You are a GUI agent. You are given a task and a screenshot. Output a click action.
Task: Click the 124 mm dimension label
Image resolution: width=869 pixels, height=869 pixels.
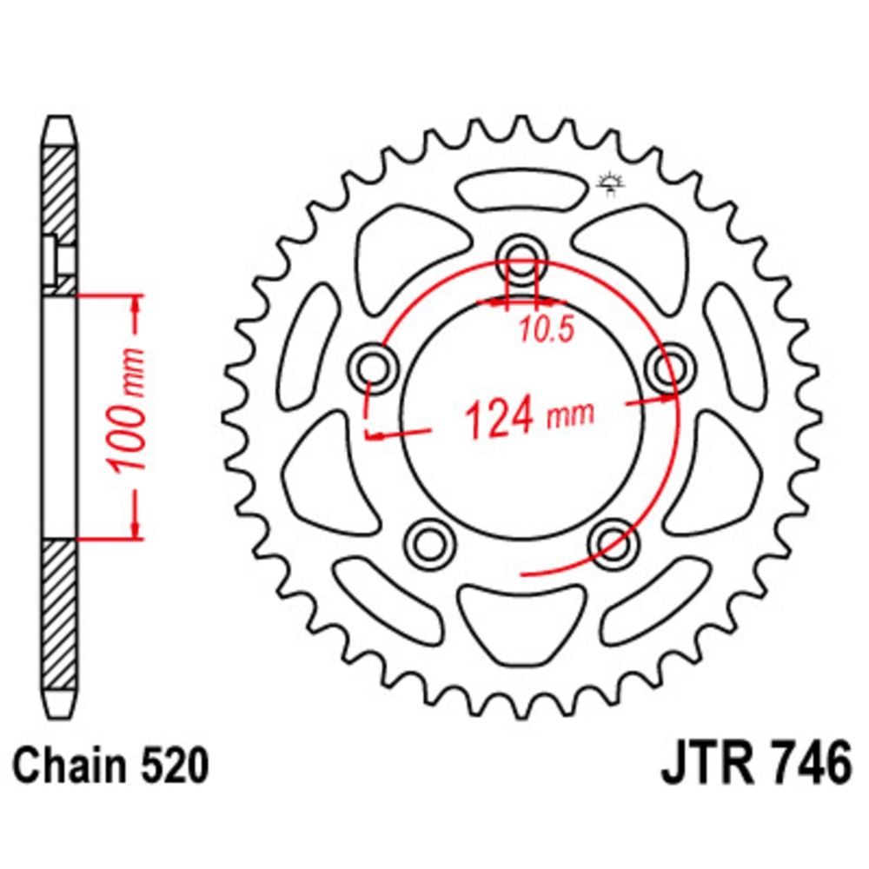pos(529,415)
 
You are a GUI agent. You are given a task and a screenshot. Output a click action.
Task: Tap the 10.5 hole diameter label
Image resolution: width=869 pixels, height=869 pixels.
pos(546,330)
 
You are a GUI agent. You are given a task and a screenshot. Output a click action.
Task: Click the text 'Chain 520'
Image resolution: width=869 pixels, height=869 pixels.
pos(111,766)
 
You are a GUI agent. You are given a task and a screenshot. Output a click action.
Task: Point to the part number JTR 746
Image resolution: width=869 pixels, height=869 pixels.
pos(756,764)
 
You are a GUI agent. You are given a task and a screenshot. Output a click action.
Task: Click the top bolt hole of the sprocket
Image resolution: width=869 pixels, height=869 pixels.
pos(521,258)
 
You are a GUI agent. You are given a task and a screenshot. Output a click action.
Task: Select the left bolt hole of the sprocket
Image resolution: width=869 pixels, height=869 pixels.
pos(375,368)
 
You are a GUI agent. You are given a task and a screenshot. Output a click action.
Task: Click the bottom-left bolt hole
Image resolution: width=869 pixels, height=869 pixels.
pos(429,542)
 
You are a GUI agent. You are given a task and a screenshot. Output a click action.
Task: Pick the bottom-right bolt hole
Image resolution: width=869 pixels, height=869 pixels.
pos(613,542)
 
